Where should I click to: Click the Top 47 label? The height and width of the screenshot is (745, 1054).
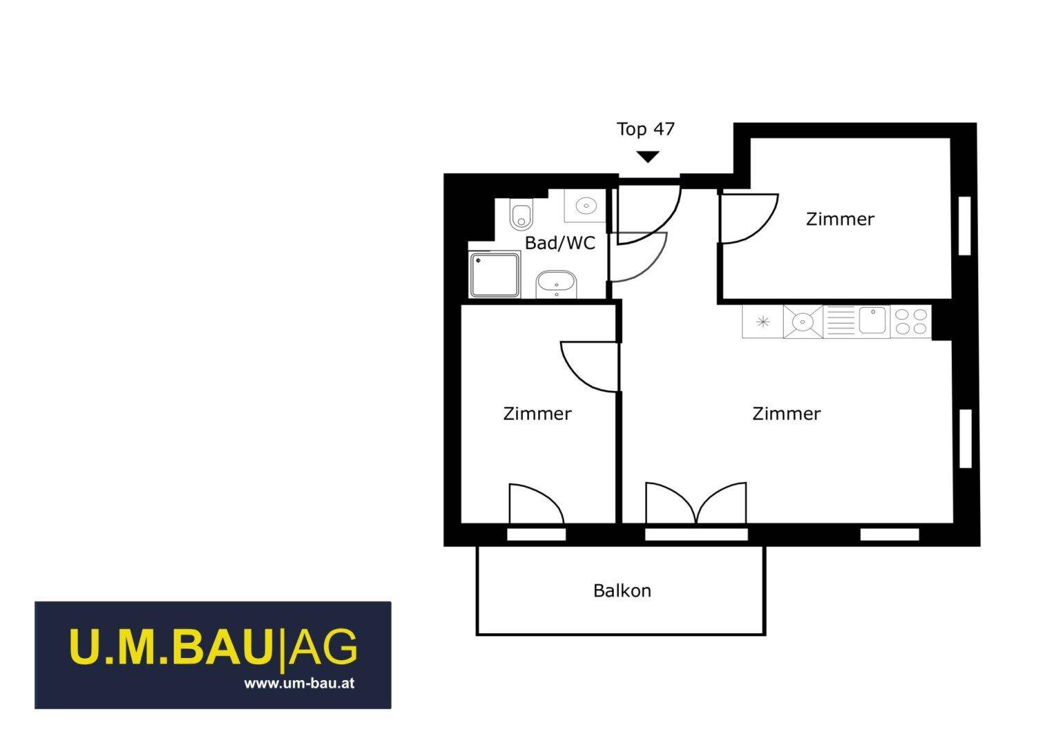[x=646, y=129]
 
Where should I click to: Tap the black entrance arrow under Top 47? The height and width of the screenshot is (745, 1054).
[x=648, y=157]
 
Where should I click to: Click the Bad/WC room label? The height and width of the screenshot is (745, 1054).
[x=560, y=243]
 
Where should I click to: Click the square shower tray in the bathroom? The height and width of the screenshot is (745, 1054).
[x=495, y=275]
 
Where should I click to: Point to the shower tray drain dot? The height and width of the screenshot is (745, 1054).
[x=478, y=260]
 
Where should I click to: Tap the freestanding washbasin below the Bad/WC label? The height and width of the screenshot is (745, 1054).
[x=556, y=284]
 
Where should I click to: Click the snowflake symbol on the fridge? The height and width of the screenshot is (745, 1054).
[x=763, y=322]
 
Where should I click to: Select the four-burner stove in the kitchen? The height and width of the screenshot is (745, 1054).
[x=911, y=321]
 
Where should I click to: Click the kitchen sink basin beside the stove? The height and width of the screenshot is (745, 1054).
[x=872, y=320]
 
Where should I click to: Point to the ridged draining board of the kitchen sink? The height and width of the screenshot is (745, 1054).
[x=841, y=321]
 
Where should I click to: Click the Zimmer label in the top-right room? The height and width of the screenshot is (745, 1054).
[x=840, y=219]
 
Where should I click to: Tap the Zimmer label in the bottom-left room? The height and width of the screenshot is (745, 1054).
[x=537, y=414]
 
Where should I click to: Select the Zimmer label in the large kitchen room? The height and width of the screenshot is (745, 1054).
[x=786, y=414]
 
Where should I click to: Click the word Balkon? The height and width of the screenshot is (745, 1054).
[x=622, y=590]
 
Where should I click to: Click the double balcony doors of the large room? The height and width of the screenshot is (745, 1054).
[x=696, y=503]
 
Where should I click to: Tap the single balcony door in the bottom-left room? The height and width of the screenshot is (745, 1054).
[x=537, y=504]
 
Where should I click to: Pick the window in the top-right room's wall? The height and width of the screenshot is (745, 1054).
[x=964, y=226]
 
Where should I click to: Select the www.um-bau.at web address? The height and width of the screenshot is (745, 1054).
[x=299, y=684]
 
